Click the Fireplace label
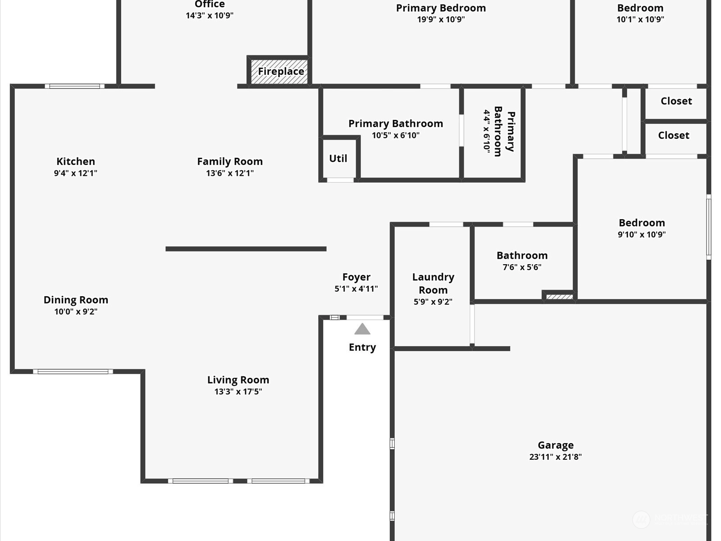click(x=281, y=71)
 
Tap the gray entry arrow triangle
click(x=362, y=329)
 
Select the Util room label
click(x=338, y=158)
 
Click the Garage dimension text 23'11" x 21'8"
click(x=556, y=457)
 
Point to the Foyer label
click(x=356, y=277)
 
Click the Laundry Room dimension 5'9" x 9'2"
click(x=433, y=302)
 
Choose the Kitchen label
click(x=76, y=161)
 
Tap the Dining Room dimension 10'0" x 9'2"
click(x=76, y=312)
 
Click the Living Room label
click(x=238, y=380)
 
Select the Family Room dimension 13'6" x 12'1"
click(x=230, y=173)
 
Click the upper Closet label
click(x=676, y=101)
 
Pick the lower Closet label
click(x=674, y=135)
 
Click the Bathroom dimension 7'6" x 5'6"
click(x=522, y=267)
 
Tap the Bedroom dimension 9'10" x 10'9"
click(x=642, y=234)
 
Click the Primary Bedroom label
click(x=441, y=8)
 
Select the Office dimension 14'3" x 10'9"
click(x=210, y=15)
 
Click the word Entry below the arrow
click(x=362, y=347)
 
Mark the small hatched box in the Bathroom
click(x=559, y=297)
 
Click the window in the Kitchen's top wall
click(x=74, y=87)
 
